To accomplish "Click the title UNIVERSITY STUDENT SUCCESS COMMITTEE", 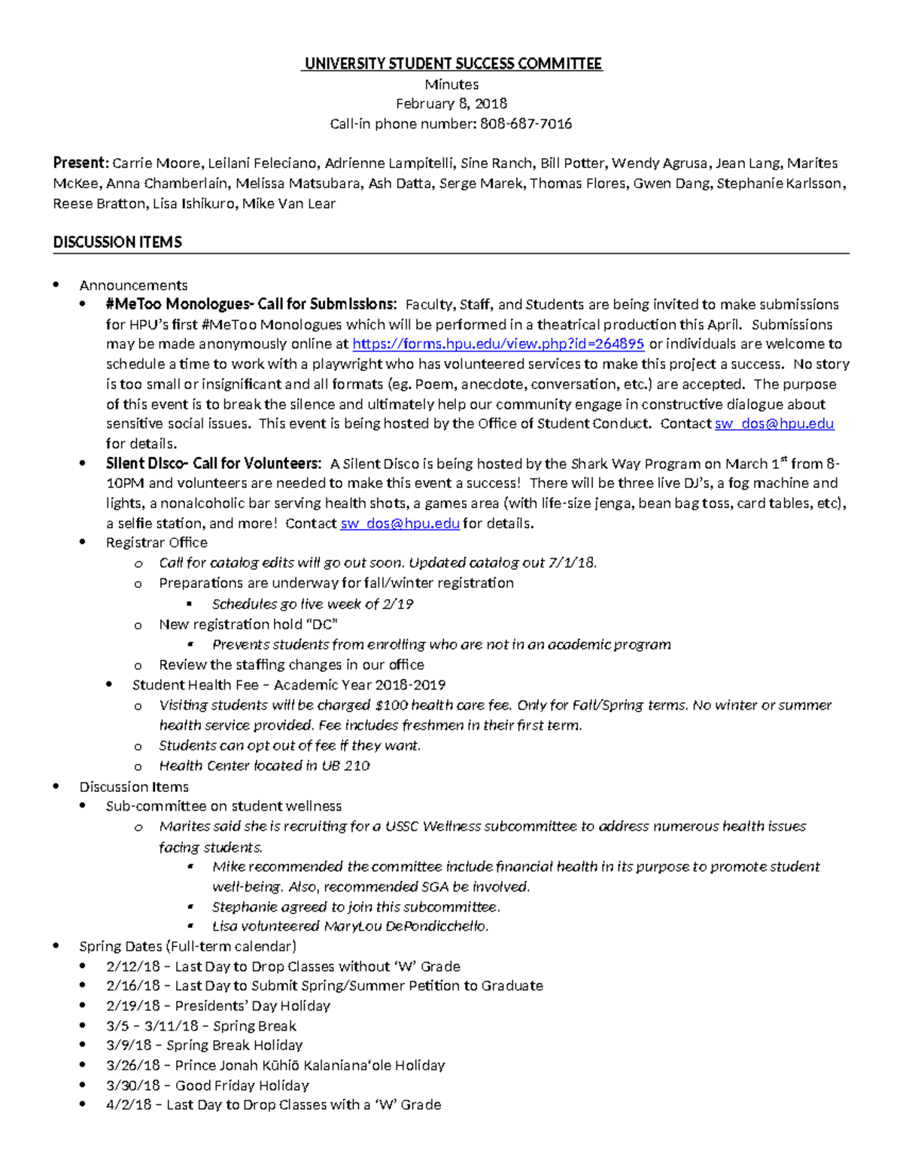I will [x=451, y=64].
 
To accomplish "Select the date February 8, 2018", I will [x=451, y=104].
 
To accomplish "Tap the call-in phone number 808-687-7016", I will [x=525, y=124].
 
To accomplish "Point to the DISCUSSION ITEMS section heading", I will [x=117, y=242].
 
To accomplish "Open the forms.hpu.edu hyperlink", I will [x=498, y=344].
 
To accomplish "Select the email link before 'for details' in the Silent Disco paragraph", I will [x=400, y=524].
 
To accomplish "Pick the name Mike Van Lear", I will [x=289, y=204].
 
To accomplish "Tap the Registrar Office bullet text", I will [x=157, y=543].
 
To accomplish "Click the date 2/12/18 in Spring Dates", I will [x=133, y=967].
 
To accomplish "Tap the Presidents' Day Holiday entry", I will [x=252, y=1006].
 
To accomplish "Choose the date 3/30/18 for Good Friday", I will [x=133, y=1085].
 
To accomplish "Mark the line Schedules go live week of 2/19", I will [x=312, y=604].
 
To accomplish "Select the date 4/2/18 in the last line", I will [x=129, y=1105].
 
